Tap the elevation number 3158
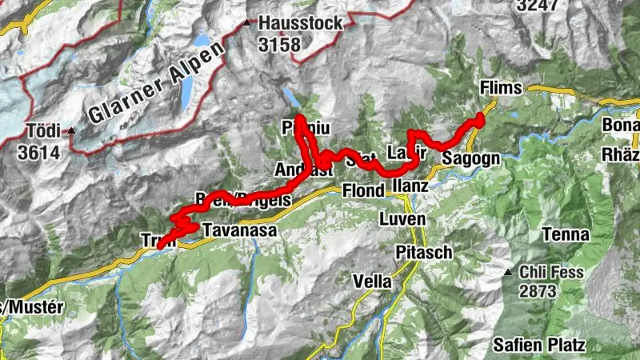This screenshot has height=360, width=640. pyautogui.click(x=279, y=44)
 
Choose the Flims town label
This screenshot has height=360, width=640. pyautogui.click(x=500, y=87)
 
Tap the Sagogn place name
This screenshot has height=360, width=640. pyautogui.click(x=471, y=158)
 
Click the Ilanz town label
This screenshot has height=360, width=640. pyautogui.click(x=413, y=186)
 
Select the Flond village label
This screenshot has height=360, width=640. pyautogui.click(x=363, y=190)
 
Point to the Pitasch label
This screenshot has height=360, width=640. pyautogui.click(x=424, y=252)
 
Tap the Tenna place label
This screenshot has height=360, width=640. pyautogui.click(x=566, y=235)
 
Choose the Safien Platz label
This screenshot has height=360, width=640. pyautogui.click(x=539, y=346)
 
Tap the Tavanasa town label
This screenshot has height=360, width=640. pyautogui.click(x=239, y=230)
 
